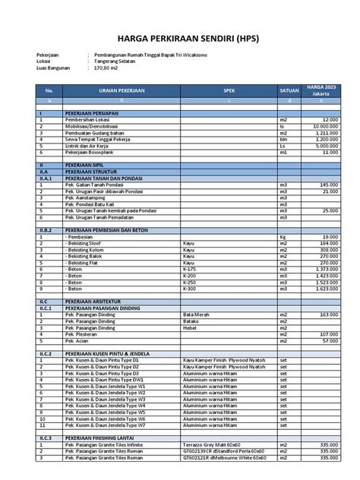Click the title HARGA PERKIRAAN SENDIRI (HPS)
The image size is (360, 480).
coord(179,36)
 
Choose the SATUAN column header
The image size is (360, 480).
coord(289,90)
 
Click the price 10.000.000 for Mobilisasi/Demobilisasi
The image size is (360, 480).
coord(322,126)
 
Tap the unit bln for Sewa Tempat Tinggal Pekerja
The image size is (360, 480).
coord(284,139)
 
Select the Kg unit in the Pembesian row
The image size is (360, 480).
coord(283,236)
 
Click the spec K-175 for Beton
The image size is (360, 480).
coord(191,268)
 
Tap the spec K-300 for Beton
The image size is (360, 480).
coord(191,288)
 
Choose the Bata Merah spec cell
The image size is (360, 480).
coord(197,314)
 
